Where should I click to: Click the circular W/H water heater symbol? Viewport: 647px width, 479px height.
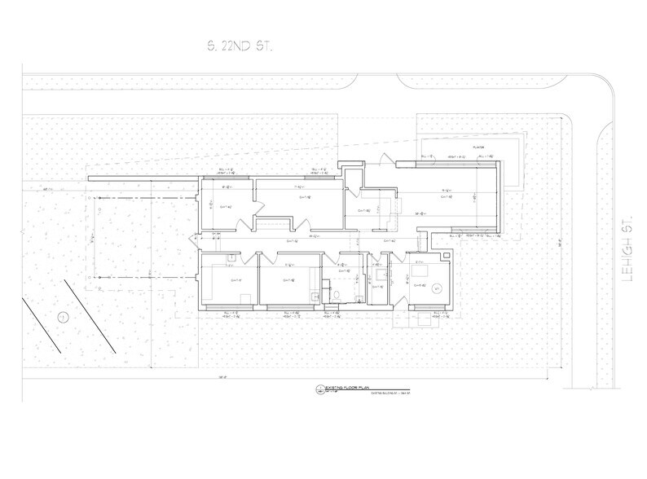click(x=437, y=287)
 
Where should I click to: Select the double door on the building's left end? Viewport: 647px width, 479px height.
click(x=193, y=240)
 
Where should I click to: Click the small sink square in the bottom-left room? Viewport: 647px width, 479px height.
click(x=231, y=257)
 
